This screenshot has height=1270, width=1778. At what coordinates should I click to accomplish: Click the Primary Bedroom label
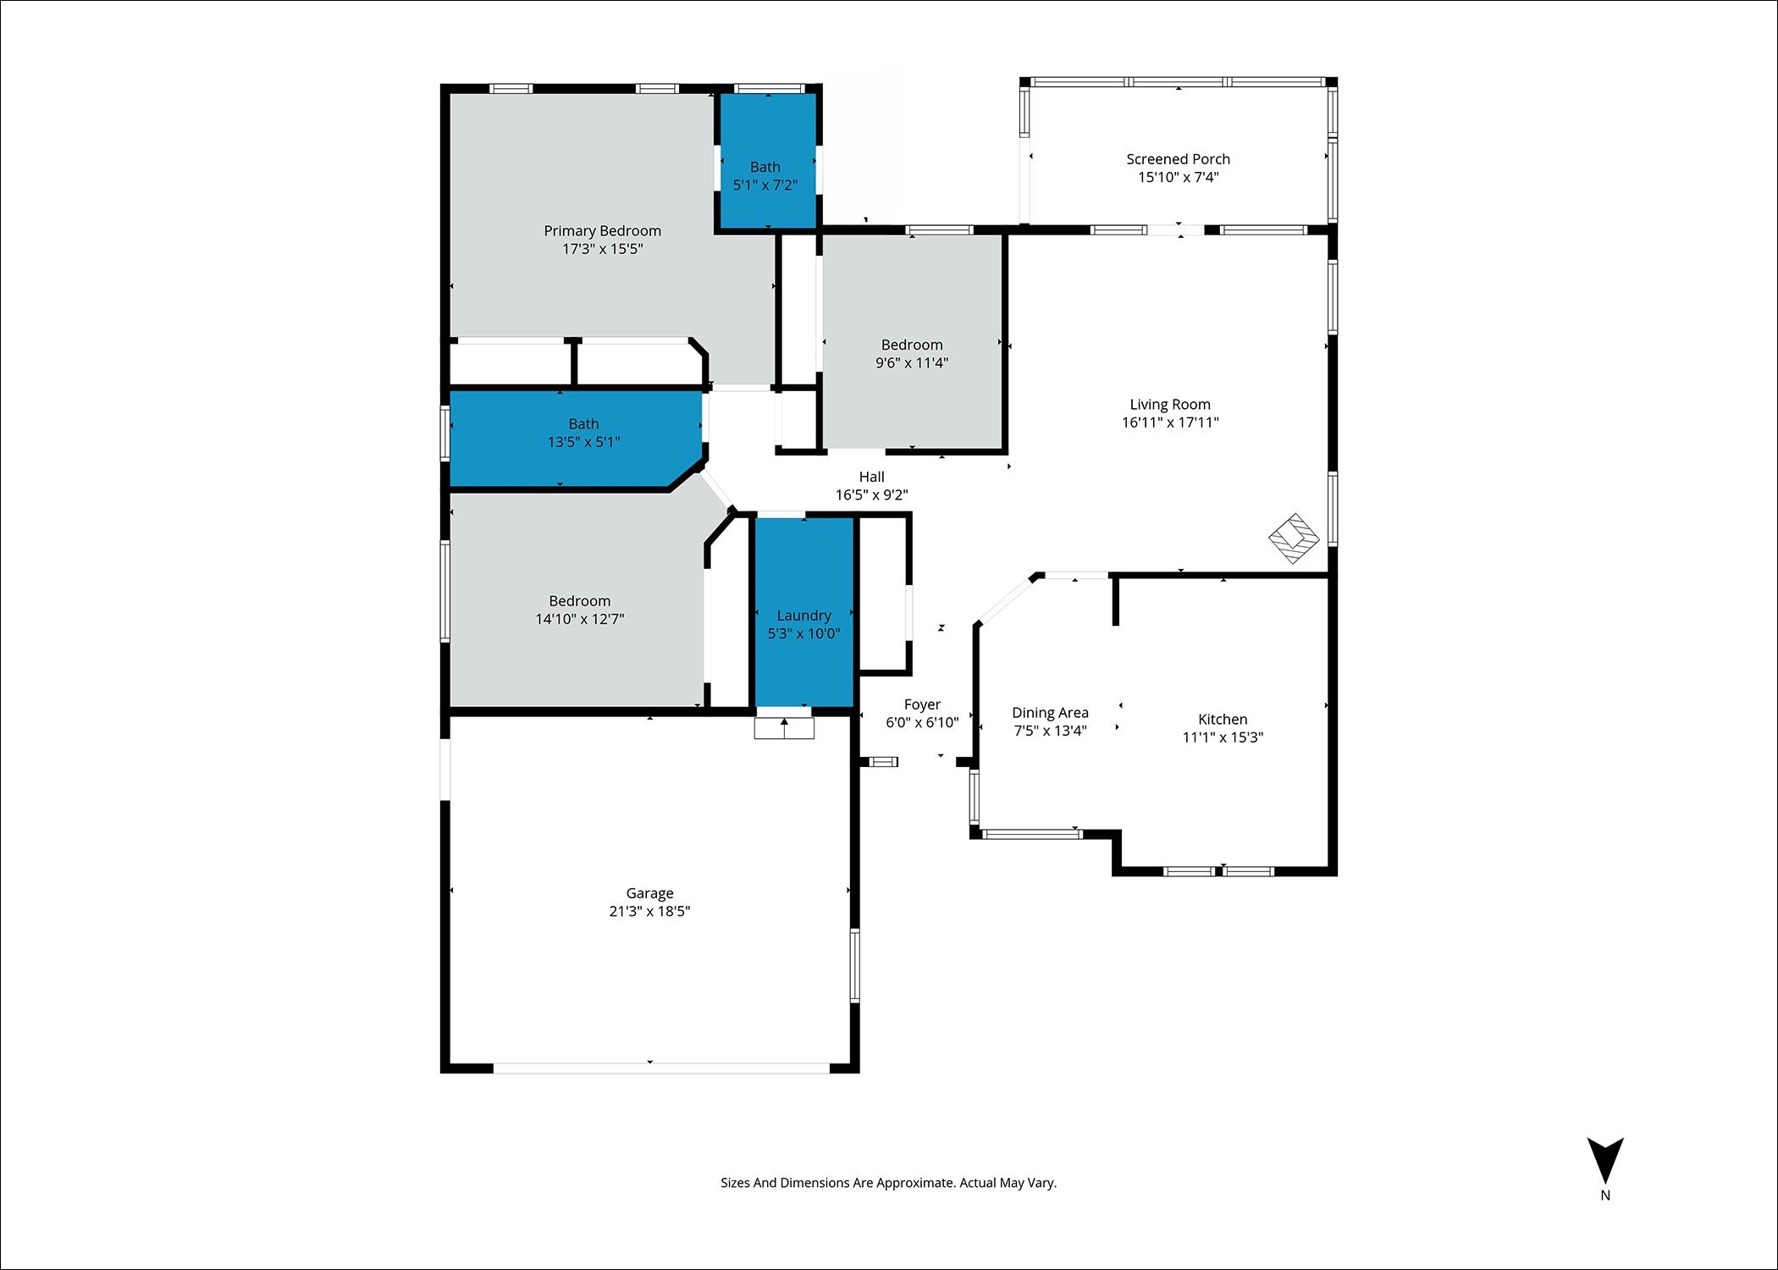coord(602,231)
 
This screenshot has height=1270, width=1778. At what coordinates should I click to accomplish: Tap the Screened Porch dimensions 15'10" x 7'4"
coord(1179,177)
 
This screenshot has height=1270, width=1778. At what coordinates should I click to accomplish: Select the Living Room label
coord(1170,405)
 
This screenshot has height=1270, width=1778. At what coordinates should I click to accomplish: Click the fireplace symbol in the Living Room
coord(1295,538)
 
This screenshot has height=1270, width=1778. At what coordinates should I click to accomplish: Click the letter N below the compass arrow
coord(1605,1195)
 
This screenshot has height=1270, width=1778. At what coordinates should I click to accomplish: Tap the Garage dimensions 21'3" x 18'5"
coord(649,911)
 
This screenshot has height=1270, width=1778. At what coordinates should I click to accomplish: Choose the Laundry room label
coord(804,616)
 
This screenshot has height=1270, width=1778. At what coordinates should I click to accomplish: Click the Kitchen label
coord(1223,720)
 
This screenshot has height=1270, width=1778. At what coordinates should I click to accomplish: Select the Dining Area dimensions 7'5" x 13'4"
coord(1050,731)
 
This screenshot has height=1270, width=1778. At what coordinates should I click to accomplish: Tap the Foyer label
coord(922,704)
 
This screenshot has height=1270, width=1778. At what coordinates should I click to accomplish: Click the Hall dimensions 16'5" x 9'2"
coord(872,495)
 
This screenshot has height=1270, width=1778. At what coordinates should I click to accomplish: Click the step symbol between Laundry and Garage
coord(784,728)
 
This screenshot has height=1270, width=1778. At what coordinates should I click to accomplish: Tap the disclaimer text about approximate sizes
coord(889,1183)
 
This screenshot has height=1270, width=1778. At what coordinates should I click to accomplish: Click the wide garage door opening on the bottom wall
coord(662,1068)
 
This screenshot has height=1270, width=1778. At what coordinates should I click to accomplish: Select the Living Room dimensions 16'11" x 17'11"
coord(1170,422)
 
